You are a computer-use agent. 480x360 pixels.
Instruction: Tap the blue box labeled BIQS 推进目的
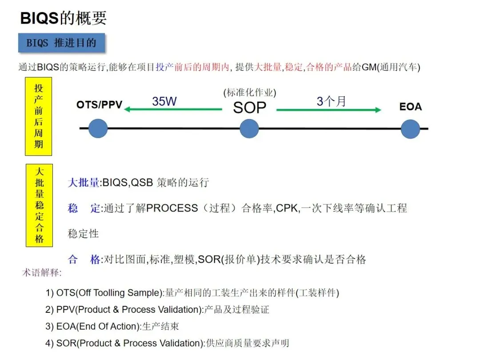[x=61, y=43]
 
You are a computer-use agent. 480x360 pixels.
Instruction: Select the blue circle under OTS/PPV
[x=98, y=129]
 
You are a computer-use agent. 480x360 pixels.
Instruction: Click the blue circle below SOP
[x=249, y=129]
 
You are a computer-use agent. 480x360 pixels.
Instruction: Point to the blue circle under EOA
[x=410, y=129]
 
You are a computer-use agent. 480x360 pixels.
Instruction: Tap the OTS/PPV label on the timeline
[x=99, y=105]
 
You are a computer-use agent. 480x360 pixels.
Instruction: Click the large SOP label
[x=249, y=108]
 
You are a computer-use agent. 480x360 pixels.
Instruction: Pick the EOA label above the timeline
[x=410, y=107]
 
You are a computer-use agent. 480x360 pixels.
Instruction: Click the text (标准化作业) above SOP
[x=249, y=93]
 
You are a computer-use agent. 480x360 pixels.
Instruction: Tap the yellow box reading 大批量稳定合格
[x=39, y=205]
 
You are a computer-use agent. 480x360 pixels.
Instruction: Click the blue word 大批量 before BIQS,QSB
[x=84, y=183]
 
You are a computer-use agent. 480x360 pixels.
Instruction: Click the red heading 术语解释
[x=42, y=272]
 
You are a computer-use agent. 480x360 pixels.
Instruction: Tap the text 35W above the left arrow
[x=164, y=101]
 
